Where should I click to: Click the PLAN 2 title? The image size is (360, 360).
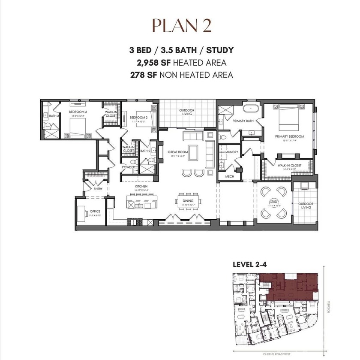(180, 26)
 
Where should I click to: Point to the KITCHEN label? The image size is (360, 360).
(141, 187)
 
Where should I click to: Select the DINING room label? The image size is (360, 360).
(188, 201)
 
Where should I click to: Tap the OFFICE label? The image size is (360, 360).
(95, 211)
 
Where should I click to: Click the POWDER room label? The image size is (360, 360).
(127, 167)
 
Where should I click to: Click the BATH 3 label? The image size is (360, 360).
(53, 115)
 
